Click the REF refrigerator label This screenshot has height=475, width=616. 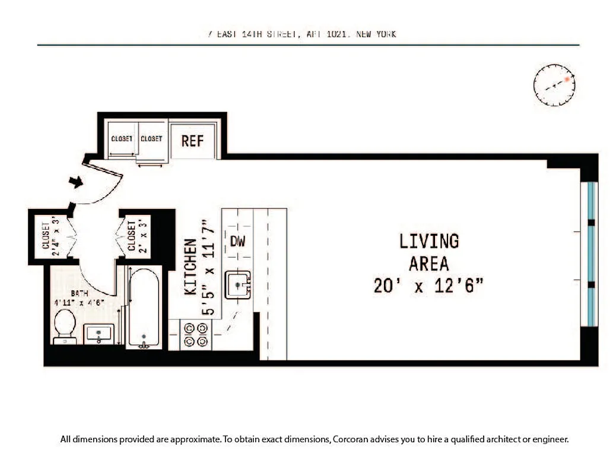[x=192, y=141]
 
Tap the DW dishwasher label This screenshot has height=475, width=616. [x=237, y=242]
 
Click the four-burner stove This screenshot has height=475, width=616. [x=196, y=335]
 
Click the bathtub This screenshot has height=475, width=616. [x=144, y=308]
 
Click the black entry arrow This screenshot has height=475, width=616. [x=76, y=182]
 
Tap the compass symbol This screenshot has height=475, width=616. [x=554, y=85]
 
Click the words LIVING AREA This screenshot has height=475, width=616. [x=428, y=252]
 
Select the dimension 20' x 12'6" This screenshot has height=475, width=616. [x=428, y=286]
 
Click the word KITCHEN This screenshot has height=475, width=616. [x=190, y=267]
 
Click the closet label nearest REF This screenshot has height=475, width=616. [x=151, y=139]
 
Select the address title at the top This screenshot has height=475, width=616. [x=299, y=34]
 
